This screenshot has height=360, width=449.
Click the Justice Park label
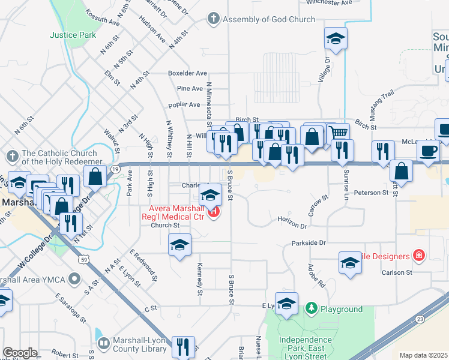[73, 35]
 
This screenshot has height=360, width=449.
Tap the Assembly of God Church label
[268, 19]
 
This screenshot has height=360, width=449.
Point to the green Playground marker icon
[311, 309]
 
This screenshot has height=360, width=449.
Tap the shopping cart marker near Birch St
[339, 133]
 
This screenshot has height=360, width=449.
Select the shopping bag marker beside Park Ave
[95, 176]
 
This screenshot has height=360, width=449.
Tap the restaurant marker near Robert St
[182, 347]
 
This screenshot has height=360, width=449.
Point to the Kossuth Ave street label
[103, 21]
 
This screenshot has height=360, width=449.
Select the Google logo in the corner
[20, 353]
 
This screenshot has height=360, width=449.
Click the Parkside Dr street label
[309, 243]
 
